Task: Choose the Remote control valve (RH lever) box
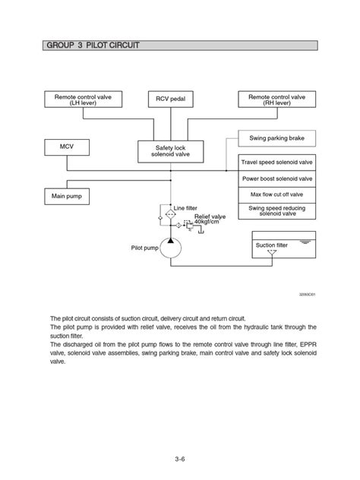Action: [x=276, y=99]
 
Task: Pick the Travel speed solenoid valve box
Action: [x=276, y=163]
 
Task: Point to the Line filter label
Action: [x=186, y=207]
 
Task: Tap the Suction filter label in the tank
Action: [x=271, y=245]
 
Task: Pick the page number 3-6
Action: [x=179, y=458]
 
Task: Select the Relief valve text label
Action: [x=210, y=216]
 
